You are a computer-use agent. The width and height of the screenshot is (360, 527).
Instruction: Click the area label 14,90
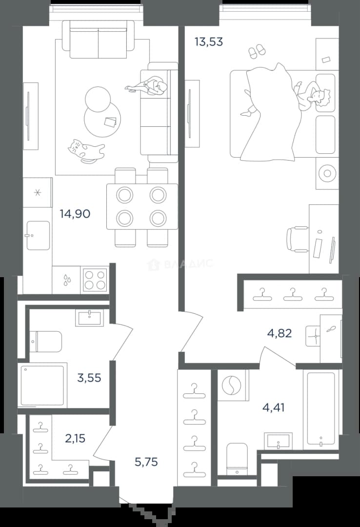pyautogui.click(x=75, y=214)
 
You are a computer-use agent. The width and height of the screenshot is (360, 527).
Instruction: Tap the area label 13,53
pyautogui.click(x=209, y=42)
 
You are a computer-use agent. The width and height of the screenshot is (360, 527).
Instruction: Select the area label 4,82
pyautogui.click(x=280, y=333)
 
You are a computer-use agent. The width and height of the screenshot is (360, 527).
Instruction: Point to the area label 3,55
pyautogui.click(x=89, y=378)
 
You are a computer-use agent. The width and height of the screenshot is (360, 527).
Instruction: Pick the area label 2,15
pyautogui.click(x=75, y=438)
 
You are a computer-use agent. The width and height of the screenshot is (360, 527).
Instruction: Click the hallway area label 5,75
pyautogui.click(x=146, y=462)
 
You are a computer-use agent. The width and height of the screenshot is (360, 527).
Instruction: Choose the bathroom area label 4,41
pyautogui.click(x=273, y=407)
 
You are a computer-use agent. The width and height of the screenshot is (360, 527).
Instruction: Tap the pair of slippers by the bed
pyautogui.click(x=257, y=51)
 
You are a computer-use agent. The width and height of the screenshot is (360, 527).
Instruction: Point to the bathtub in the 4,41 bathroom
pyautogui.click(x=321, y=409)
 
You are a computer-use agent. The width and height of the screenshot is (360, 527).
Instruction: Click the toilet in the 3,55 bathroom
pyautogui.click(x=45, y=342)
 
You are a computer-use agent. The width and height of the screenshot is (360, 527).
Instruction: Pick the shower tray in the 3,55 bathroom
pyautogui.click(x=42, y=385)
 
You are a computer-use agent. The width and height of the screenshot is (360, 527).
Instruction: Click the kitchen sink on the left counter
pyautogui.click(x=38, y=235)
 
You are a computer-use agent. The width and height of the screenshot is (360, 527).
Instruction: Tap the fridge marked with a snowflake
pyautogui.click(x=38, y=193)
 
